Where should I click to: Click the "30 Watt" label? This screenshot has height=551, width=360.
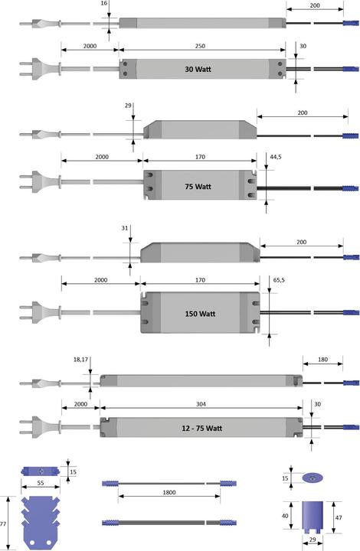pos(198,69)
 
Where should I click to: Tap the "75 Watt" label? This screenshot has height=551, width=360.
pos(198,187)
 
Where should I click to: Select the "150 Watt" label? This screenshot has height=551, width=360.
pos(200,314)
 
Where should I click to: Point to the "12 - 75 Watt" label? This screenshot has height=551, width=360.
pos(201,428)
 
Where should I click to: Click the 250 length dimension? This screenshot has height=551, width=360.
pos(200,46)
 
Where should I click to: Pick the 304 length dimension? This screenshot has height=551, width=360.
pos(201,404)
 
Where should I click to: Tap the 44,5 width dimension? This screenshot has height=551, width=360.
pos(276,157)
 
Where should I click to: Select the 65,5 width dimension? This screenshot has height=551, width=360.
pos(279,280)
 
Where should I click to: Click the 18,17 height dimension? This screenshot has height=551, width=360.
pos(80,360)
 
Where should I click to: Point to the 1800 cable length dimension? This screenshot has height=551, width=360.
pos(169,492)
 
